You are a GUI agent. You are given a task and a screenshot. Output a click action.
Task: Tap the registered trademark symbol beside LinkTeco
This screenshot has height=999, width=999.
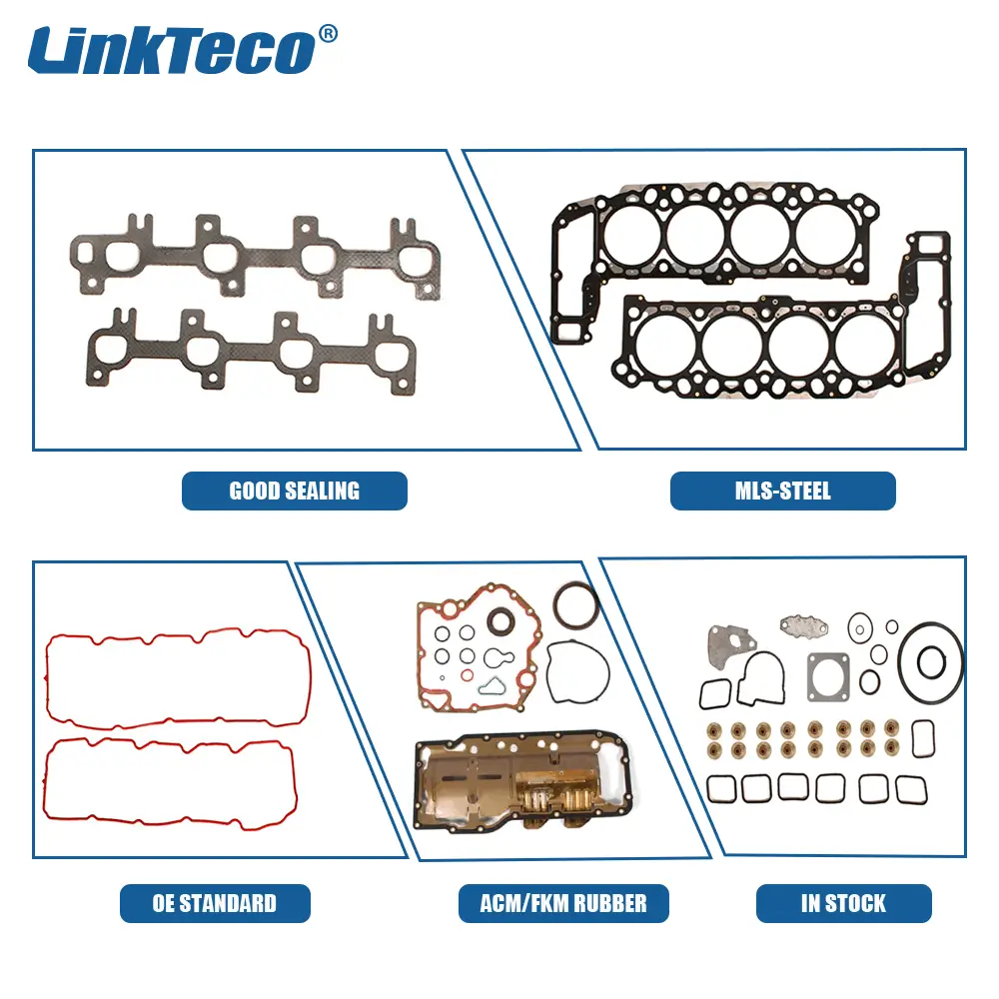328,34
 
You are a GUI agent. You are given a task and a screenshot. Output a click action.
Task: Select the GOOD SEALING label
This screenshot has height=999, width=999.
295,491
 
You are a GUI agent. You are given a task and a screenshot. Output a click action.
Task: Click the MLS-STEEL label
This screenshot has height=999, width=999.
783,491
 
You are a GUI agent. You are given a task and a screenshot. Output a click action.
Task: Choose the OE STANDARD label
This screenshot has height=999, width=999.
215,903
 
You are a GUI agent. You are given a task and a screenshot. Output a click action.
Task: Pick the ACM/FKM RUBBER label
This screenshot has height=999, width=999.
563,903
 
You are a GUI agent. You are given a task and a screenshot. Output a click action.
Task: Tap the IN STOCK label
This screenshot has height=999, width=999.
843,903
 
